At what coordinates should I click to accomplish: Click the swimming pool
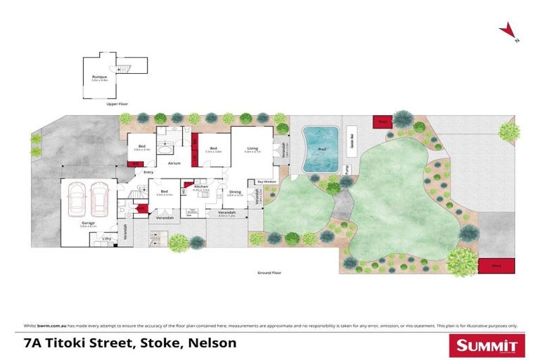pos(321,149)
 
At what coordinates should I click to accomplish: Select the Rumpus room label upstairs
pos(100,78)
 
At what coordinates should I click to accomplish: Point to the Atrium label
pos(174,163)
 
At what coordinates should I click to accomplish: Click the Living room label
pos(252,148)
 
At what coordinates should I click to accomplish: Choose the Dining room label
pos(236,192)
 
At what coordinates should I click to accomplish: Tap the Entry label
pos(148,172)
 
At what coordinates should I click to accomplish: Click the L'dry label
pos(107,239)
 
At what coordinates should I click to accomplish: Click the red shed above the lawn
pos(382,122)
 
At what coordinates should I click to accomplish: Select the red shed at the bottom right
pos(496,266)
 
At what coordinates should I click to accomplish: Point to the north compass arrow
pos(507,30)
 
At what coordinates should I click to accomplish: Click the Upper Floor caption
pos(117,103)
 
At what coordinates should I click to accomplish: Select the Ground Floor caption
pos(269,271)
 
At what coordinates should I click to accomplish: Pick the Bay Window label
pos(267,181)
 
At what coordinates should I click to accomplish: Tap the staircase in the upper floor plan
pos(124,67)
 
